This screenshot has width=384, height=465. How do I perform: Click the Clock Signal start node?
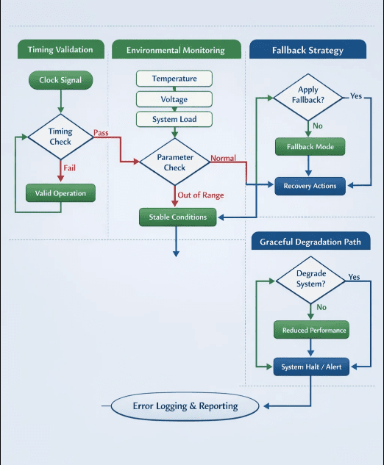pos(60,80)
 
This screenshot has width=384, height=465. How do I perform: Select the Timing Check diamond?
pos(60,137)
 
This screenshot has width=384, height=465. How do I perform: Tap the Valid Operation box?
pos(60,193)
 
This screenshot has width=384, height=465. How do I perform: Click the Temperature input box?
pos(174,79)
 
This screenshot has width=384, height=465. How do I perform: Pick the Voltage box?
pos(174,99)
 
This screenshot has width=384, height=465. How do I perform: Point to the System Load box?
pos(174,119)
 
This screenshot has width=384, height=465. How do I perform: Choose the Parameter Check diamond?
pos(175,162)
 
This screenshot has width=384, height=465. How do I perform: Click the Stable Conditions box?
pos(178,217)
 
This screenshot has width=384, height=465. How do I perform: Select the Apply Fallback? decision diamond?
pos(308,97)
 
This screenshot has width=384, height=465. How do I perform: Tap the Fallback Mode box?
pos(310,146)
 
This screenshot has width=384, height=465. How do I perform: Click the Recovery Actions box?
pos(310,186)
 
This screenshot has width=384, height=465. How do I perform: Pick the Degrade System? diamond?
pos(310,280)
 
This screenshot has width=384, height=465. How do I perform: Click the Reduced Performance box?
pos(311,330)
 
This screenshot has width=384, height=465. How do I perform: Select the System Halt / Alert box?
pos(311,367)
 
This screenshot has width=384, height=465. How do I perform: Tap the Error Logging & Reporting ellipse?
pos(185,406)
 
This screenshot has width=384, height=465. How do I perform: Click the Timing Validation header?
pos(61,49)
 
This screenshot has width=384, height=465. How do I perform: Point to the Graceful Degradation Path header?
pos(310,241)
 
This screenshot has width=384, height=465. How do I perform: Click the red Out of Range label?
pos(201,195)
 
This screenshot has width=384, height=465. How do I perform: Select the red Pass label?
pos(101,132)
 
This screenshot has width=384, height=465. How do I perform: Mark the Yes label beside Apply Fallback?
pos(356,96)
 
